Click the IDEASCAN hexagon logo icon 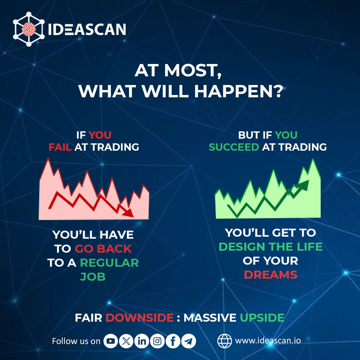click(28, 29)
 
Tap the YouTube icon click(111, 341)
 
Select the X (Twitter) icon click(126, 341)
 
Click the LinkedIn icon click(142, 341)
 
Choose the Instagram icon click(157, 341)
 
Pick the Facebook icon click(173, 341)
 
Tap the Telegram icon click(189, 341)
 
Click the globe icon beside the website click(224, 341)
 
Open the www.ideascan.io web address click(268, 341)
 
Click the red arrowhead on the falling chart click(128, 213)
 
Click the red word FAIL click(60, 147)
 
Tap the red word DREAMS click(270, 275)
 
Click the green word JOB click(93, 277)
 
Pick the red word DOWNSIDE click(140, 318)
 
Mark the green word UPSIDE click(262, 318)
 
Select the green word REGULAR click(109, 263)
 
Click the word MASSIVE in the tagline click(210, 318)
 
